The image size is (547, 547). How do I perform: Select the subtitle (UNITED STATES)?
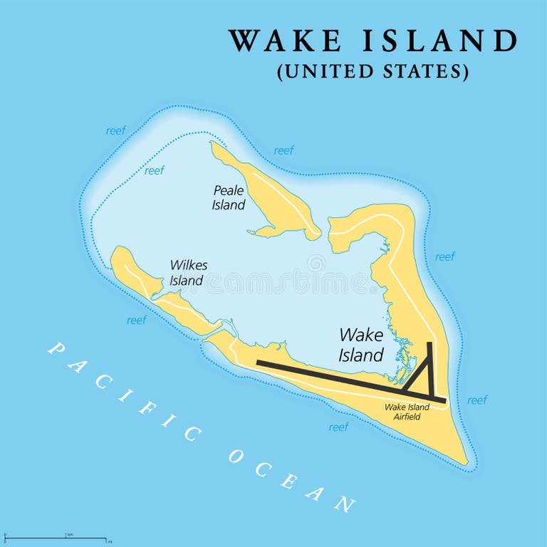[373, 72]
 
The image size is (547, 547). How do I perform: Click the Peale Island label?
[229, 197]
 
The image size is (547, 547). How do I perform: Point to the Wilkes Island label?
[188, 273]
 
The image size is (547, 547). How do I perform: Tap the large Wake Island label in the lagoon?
[361, 345]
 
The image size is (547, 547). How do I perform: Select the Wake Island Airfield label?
[407, 412]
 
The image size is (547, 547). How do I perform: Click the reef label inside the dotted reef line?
[154, 171]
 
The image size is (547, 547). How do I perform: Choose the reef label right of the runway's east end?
[477, 400]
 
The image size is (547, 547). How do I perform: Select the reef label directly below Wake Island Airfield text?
[338, 427]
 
